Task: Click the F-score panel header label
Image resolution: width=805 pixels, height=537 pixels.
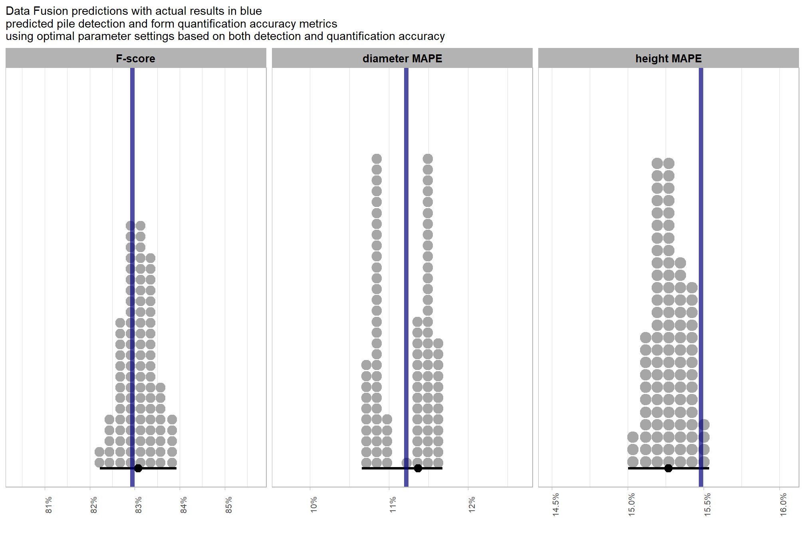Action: point(135,59)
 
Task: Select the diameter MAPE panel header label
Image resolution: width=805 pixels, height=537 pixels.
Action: point(402,59)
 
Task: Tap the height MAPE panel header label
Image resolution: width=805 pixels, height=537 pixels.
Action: point(668,59)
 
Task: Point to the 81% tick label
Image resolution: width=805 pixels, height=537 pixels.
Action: point(49,505)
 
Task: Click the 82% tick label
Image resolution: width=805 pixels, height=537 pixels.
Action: point(94,505)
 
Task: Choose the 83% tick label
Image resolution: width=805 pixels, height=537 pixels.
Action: point(139,505)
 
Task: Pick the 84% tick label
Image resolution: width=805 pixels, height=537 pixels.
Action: point(184,505)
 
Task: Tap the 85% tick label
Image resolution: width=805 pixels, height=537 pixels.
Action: point(229,505)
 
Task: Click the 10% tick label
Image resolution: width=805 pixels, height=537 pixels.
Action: point(314,505)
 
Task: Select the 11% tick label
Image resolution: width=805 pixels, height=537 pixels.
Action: point(393,505)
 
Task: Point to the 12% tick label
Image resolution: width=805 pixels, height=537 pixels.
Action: point(472,505)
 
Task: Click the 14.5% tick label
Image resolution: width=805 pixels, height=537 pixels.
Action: point(555,505)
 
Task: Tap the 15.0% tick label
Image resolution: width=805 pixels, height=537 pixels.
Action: point(631,505)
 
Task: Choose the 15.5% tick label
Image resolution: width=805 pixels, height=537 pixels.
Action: point(707,505)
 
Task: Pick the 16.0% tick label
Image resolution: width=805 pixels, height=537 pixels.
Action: point(783,505)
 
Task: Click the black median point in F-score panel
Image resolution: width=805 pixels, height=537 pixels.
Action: point(138,468)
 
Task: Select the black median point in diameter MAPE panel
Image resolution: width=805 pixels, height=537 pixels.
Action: point(418,468)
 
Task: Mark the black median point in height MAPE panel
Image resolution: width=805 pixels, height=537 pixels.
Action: point(668,468)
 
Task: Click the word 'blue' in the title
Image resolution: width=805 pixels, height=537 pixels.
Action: point(251,11)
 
